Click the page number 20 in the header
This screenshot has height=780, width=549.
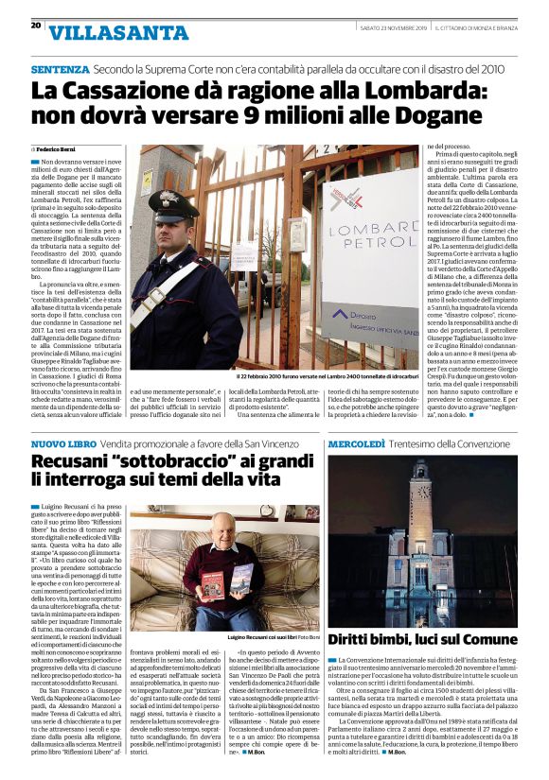pos(35,26)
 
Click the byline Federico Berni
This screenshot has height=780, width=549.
pos(56,149)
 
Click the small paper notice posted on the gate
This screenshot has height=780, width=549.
pos(244,254)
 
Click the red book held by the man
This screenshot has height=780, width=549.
pos(212,585)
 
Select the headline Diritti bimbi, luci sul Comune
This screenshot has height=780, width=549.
pos(421,638)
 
